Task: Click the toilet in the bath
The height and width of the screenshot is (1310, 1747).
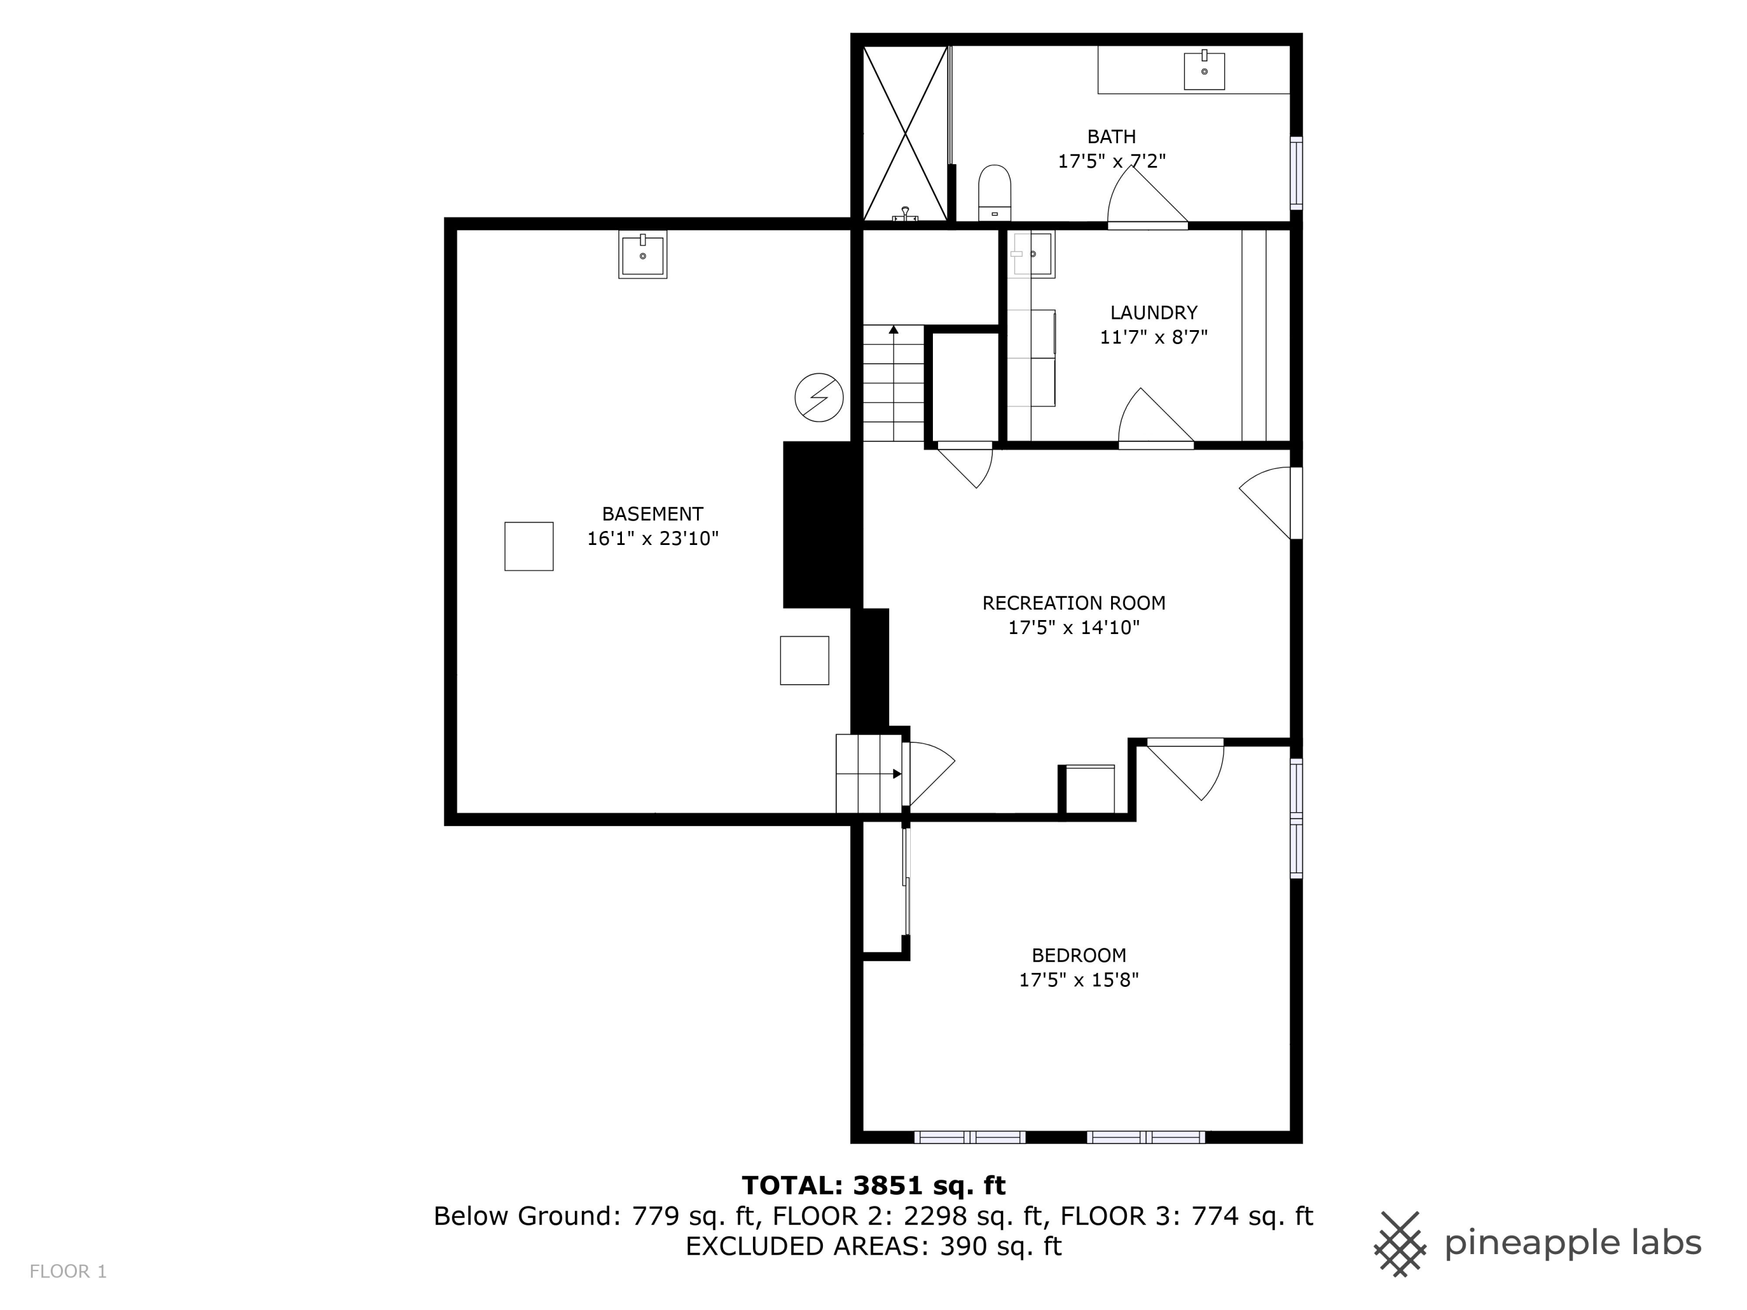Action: click(995, 192)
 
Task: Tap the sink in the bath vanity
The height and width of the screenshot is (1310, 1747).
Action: click(1204, 71)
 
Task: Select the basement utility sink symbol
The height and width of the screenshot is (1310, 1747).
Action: click(642, 254)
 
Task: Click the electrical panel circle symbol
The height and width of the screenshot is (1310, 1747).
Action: click(818, 397)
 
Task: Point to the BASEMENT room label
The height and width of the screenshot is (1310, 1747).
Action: click(652, 514)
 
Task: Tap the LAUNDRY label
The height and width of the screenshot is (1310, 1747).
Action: click(1153, 313)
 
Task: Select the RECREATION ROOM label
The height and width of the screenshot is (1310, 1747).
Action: click(1073, 603)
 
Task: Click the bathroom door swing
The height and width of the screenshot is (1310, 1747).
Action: click(1141, 199)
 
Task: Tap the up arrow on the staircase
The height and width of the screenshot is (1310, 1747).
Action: click(893, 330)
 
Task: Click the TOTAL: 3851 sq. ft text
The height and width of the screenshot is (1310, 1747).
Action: click(873, 1185)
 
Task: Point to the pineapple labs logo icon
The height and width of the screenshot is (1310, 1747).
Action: click(1399, 1244)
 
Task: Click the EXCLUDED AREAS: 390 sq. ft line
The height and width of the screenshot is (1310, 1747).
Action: click(873, 1246)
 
